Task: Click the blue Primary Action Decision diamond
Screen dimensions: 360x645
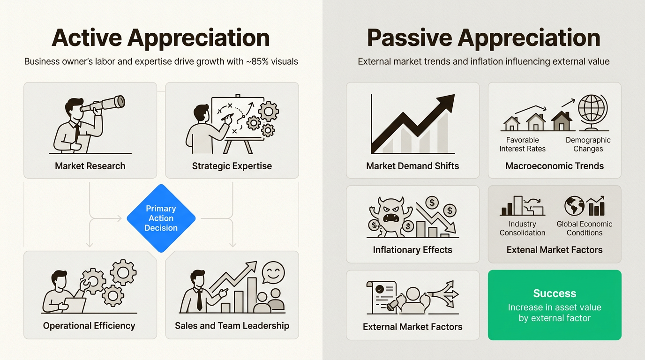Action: (161, 218)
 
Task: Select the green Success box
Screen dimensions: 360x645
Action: (555, 305)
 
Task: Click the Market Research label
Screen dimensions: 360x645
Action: (90, 166)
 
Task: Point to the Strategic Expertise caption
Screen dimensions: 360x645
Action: (232, 166)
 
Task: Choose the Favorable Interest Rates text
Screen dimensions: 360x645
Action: (522, 144)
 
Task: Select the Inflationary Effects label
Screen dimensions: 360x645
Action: (412, 250)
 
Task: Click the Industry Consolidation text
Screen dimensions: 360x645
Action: (522, 228)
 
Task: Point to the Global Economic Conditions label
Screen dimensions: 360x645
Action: (585, 228)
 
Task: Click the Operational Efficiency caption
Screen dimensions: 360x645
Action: (89, 326)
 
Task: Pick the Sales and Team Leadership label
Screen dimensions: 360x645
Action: (232, 326)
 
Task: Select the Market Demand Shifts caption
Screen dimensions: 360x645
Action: (412, 166)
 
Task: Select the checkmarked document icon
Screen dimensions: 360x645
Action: (381, 296)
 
